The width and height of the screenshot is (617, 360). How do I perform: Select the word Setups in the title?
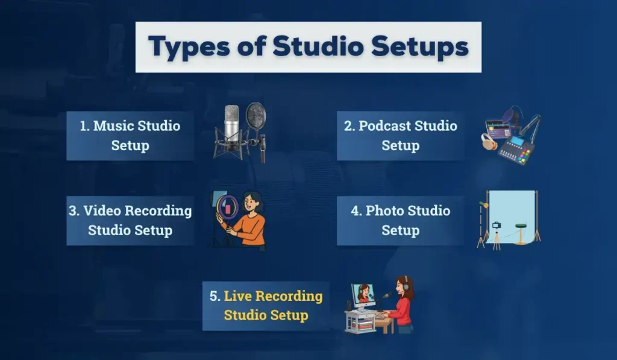pyautogui.click(x=430, y=47)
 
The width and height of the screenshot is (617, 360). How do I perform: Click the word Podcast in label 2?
pyautogui.click(x=390, y=126)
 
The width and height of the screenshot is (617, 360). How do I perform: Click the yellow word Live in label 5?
pyautogui.click(x=238, y=296)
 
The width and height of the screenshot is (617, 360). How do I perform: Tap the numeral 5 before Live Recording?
pyautogui.click(x=215, y=296)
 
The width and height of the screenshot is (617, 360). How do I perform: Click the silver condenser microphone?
pyautogui.click(x=232, y=124)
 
